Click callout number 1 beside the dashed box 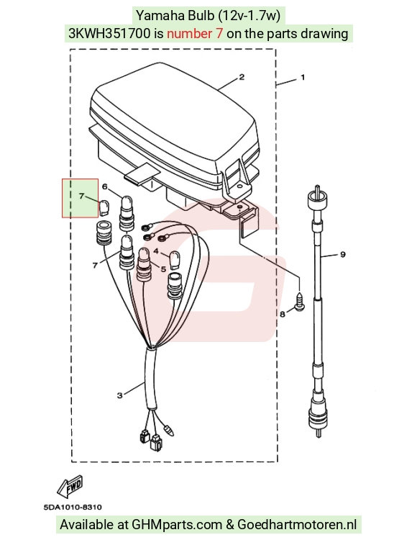(x=303, y=78)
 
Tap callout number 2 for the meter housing (x=242, y=77)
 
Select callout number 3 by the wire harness (x=119, y=395)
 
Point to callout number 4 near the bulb (x=156, y=251)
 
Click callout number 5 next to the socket (x=163, y=269)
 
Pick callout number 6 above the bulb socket (x=105, y=186)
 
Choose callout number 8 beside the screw (x=283, y=314)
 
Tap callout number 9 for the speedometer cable (x=343, y=254)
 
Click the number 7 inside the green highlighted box (x=81, y=196)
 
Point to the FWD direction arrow (x=70, y=485)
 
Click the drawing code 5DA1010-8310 (x=73, y=507)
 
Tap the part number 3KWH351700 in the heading (x=110, y=33)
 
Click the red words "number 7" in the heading (x=195, y=33)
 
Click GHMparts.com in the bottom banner (x=177, y=524)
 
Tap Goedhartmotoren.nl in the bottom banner (x=297, y=524)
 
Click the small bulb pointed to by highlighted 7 (x=104, y=207)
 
